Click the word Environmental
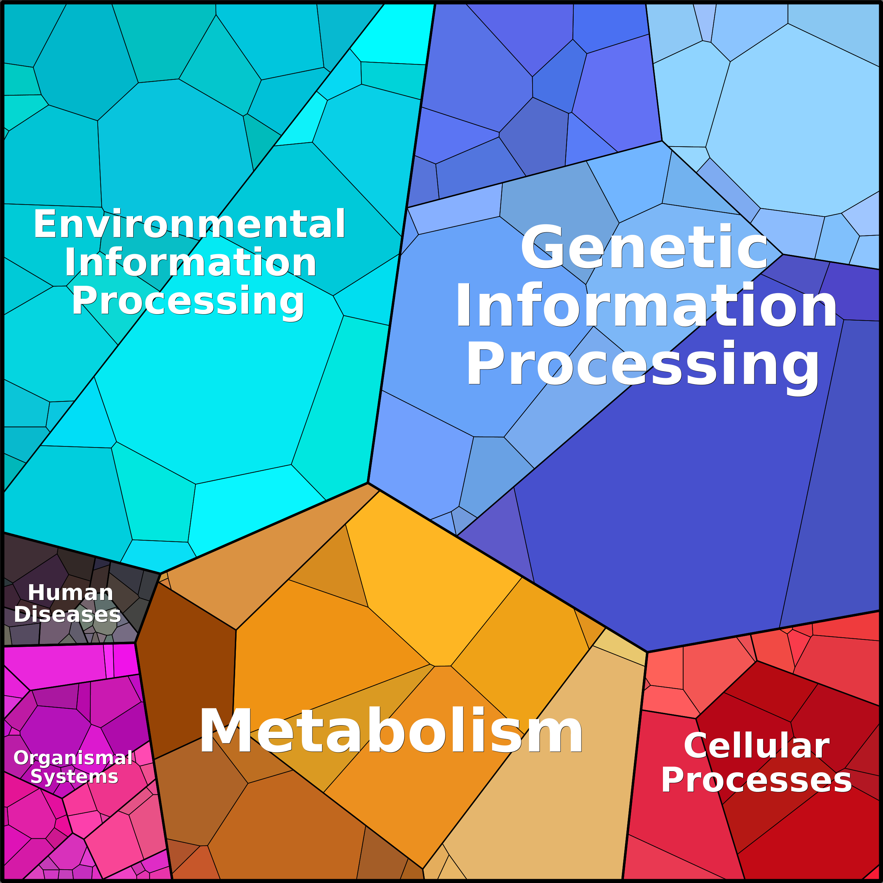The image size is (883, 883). [x=189, y=224]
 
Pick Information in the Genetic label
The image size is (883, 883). [x=646, y=305]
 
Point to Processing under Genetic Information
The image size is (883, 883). [x=642, y=364]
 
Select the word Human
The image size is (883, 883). [x=70, y=593]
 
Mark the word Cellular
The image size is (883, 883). [x=756, y=746]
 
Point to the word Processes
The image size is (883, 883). [x=756, y=780]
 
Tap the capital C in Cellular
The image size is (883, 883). [x=696, y=746]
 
